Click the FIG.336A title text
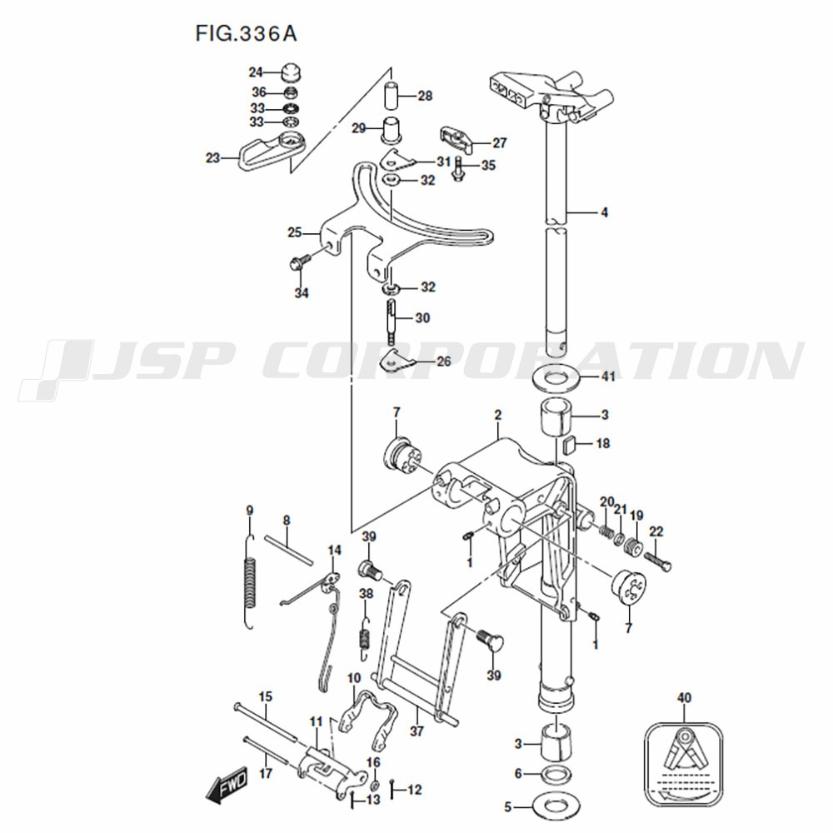(x=246, y=34)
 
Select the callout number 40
(x=684, y=697)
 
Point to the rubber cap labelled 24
(x=290, y=72)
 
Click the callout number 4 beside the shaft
(x=604, y=212)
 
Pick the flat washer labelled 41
(x=555, y=379)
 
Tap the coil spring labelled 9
(x=251, y=581)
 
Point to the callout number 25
(x=295, y=232)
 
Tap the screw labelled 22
(x=658, y=561)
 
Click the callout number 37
(x=417, y=731)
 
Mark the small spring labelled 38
(x=365, y=639)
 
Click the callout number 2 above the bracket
(x=498, y=414)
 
